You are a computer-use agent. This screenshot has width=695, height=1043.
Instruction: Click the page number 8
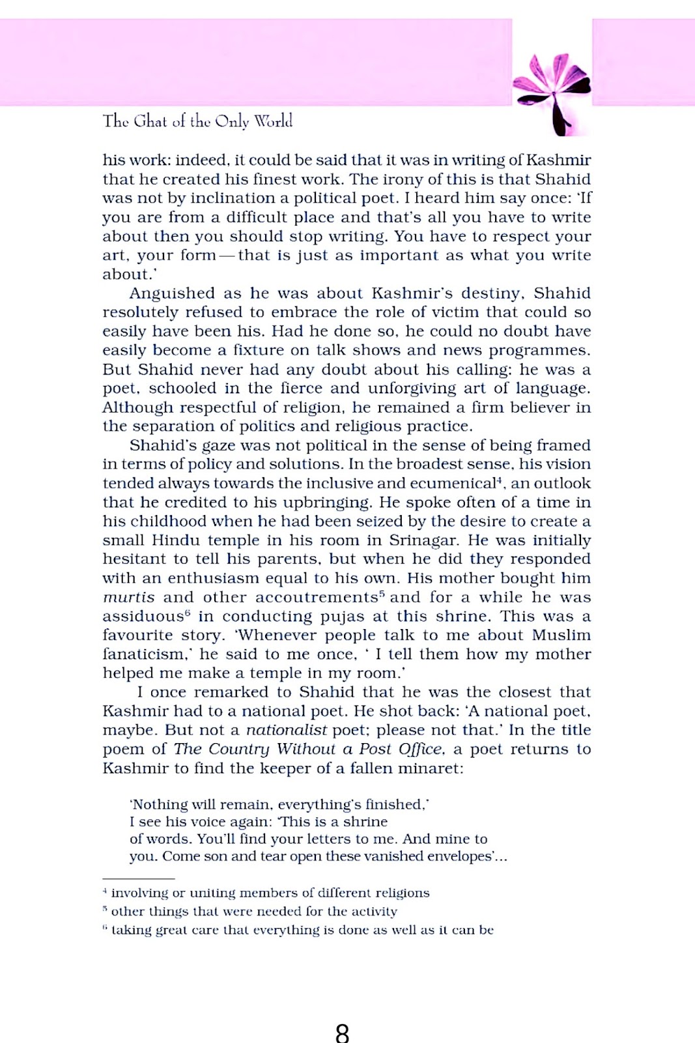click(x=343, y=1033)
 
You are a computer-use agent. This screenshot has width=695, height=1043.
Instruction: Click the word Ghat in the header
click(x=150, y=121)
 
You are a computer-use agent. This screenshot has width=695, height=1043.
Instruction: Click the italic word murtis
click(x=129, y=597)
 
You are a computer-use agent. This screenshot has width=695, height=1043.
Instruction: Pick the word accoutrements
click(x=316, y=597)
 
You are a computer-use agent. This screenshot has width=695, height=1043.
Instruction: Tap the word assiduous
click(x=143, y=617)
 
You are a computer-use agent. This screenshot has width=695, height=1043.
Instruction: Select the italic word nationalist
click(x=286, y=730)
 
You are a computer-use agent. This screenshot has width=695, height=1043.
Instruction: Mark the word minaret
click(x=429, y=769)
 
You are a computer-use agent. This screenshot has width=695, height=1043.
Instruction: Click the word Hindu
click(x=176, y=540)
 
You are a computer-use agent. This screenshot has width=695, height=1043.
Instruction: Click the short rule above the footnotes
click(x=138, y=879)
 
